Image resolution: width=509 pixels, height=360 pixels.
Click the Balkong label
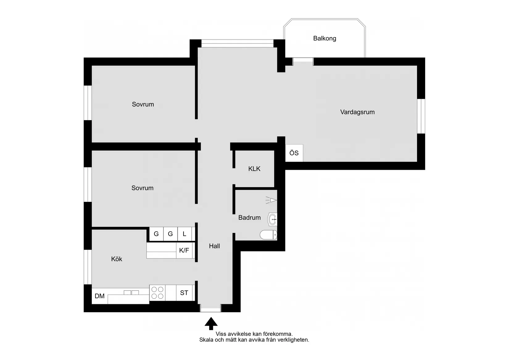click(325, 39)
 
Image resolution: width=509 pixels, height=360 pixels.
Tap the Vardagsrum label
click(357, 112)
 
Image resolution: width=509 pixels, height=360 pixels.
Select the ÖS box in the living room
click(294, 153)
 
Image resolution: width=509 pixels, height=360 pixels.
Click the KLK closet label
click(254, 169)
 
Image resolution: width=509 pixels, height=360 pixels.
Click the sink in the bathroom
click(272, 219)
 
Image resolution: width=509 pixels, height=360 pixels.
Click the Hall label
click(214, 246)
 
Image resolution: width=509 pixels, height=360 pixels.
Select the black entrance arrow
click(211, 323)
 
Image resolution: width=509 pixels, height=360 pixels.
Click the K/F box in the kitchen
click(184, 250)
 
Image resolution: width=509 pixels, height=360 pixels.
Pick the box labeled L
click(184, 234)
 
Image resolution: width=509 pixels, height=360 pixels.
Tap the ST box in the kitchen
click(184, 293)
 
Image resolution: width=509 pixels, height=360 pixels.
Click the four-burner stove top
click(157, 293)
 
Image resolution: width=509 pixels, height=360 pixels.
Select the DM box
click(100, 296)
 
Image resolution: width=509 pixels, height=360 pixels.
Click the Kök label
click(117, 259)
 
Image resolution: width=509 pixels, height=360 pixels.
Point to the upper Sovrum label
click(143, 104)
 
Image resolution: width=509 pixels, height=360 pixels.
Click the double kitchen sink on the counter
click(131, 292)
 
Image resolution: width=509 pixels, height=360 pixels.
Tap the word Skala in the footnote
click(206, 340)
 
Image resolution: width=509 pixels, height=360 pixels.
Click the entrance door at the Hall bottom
click(211, 308)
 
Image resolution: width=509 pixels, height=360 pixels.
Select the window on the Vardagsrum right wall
click(421, 116)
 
